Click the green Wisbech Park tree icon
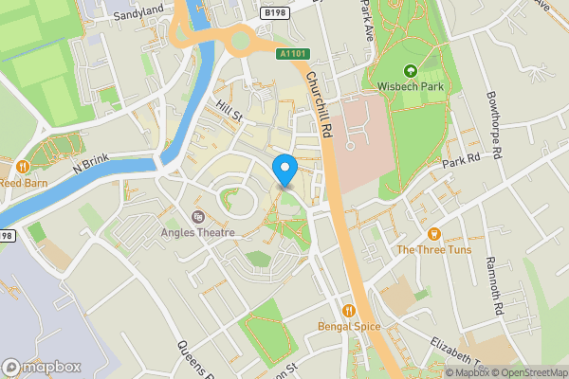(411, 70)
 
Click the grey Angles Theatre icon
(198, 217)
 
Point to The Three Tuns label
(434, 250)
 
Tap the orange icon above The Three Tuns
(434, 233)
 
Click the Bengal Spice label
(349, 327)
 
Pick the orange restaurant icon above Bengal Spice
(349, 310)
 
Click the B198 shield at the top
(276, 12)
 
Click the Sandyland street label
(138, 16)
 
